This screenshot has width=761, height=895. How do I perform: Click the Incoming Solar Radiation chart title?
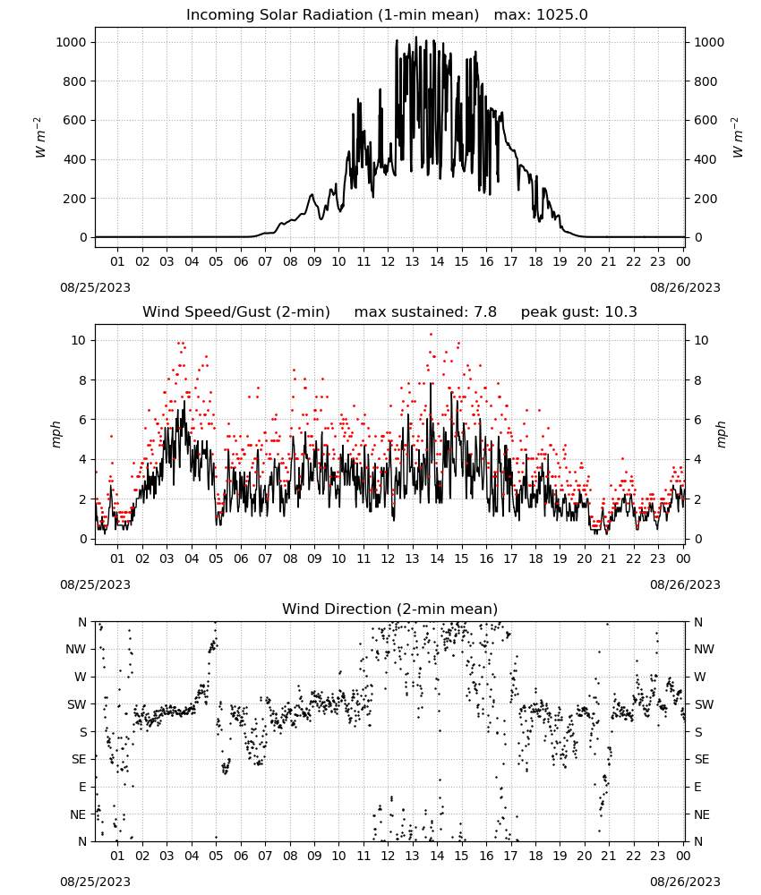click(x=332, y=15)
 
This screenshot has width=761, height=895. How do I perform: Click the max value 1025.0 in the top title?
click(x=563, y=15)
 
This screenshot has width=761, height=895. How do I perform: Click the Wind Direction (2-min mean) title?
click(x=390, y=609)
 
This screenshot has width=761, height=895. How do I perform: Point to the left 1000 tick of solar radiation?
click(x=71, y=42)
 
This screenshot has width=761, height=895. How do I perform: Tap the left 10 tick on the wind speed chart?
click(x=79, y=340)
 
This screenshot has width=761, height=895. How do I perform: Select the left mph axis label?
click(x=56, y=434)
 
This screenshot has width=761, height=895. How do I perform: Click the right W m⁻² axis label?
click(x=737, y=137)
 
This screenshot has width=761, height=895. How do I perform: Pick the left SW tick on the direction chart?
click(x=76, y=704)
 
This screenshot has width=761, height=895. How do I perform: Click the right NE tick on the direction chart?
click(x=702, y=814)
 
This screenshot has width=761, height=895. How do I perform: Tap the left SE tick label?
click(x=79, y=759)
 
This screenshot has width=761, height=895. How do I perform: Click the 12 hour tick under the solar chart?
click(x=388, y=261)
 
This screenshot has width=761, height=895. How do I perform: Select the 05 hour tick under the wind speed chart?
click(x=216, y=558)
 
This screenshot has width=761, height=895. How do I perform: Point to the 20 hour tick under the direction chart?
click(x=584, y=856)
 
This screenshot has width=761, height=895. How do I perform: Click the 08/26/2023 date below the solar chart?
click(x=685, y=287)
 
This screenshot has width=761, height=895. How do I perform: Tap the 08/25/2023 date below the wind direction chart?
click(x=95, y=882)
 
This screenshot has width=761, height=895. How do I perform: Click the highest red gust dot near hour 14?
click(x=431, y=335)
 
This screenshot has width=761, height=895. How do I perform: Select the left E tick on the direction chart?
click(x=82, y=787)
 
